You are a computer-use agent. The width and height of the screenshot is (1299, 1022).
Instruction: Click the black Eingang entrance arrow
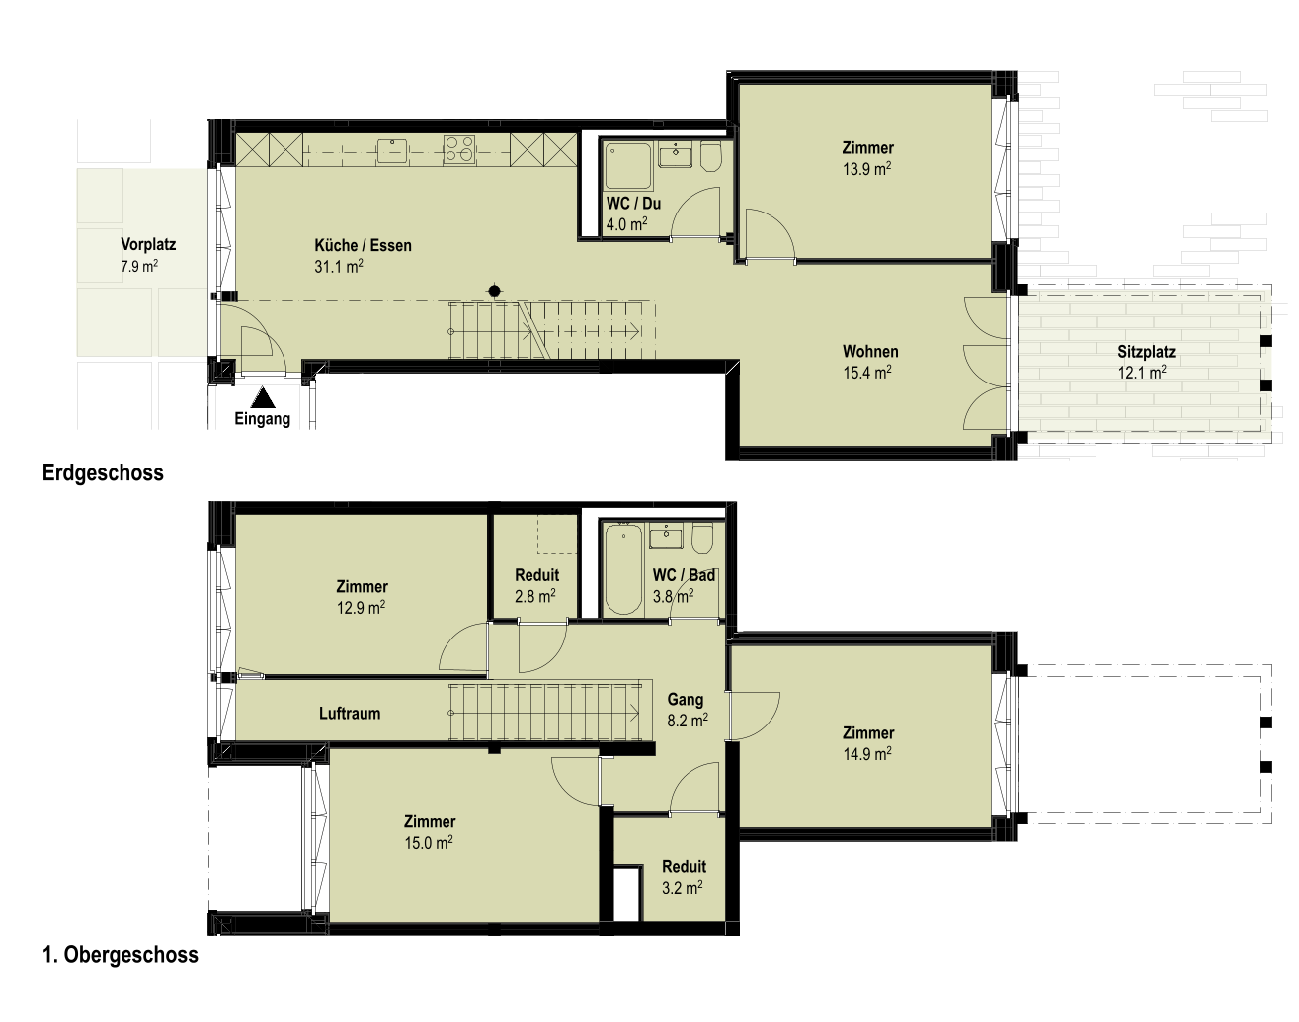pyautogui.click(x=263, y=397)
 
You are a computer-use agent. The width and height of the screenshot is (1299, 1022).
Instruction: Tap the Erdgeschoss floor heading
pyautogui.click(x=103, y=472)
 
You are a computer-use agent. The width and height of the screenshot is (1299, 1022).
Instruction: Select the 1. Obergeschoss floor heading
pyautogui.click(x=121, y=955)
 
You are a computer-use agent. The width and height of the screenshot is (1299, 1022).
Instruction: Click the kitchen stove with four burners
pyautogui.click(x=459, y=149)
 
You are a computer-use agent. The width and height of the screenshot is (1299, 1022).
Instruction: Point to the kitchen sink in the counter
pyautogui.click(x=392, y=150)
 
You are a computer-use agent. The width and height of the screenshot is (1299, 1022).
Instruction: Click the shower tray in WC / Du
pyautogui.click(x=628, y=166)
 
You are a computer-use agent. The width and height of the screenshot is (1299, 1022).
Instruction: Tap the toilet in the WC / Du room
pyautogui.click(x=711, y=157)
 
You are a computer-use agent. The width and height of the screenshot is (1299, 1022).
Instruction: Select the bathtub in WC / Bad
pyautogui.click(x=623, y=569)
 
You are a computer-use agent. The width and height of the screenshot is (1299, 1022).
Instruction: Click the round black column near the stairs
pyautogui.click(x=494, y=292)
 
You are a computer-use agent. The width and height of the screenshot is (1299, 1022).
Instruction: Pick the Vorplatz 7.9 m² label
pyautogui.click(x=148, y=255)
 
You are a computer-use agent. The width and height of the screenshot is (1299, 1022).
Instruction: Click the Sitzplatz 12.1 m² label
pyautogui.click(x=1146, y=361)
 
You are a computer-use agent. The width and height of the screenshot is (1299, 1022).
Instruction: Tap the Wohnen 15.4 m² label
pyautogui.click(x=870, y=361)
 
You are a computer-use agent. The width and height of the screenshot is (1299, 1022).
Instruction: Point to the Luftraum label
pyautogui.click(x=350, y=714)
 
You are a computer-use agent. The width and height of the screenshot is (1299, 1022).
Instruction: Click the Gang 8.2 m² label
pyautogui.click(x=687, y=710)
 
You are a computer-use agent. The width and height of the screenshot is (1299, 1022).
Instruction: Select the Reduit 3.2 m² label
pyautogui.click(x=684, y=877)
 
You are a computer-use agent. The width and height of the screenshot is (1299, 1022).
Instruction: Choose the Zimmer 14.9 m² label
pyautogui.click(x=868, y=743)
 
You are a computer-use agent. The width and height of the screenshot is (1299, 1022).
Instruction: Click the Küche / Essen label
pyautogui.click(x=363, y=245)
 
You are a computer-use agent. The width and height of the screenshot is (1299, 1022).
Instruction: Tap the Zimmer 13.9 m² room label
pyautogui.click(x=868, y=158)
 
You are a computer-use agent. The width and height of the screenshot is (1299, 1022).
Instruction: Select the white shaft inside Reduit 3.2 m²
pyautogui.click(x=626, y=894)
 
